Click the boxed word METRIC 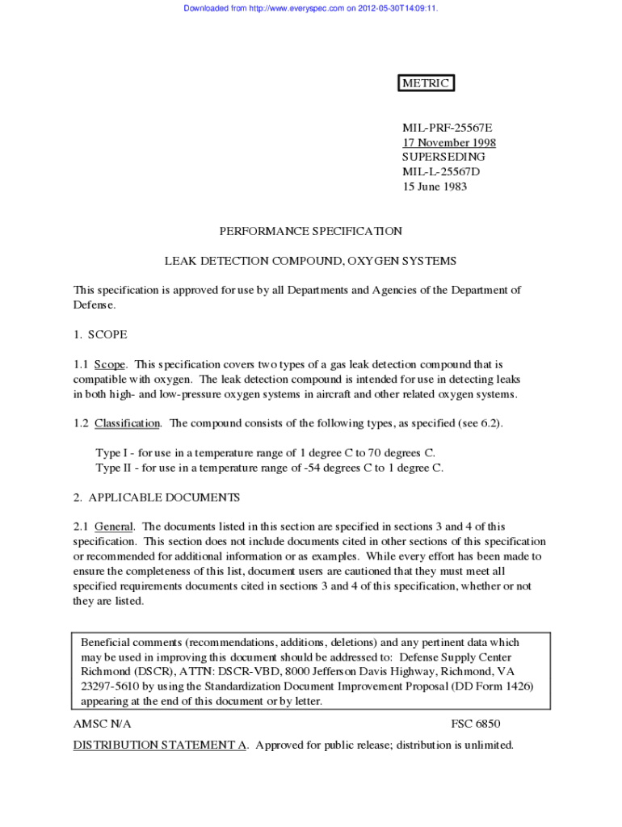(x=426, y=83)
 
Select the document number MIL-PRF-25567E (x=447, y=128)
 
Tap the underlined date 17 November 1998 (x=449, y=143)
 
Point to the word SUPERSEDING (x=443, y=157)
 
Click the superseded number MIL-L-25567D (x=442, y=172)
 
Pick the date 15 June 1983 (x=435, y=187)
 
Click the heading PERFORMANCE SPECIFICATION (x=310, y=231)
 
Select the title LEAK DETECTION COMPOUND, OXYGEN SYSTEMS (x=310, y=261)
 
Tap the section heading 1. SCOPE (x=100, y=334)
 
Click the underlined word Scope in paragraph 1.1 (x=110, y=364)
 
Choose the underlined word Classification (x=128, y=423)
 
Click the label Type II (x=114, y=468)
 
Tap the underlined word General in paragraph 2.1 (x=114, y=527)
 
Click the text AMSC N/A (x=102, y=724)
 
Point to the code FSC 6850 (x=481, y=724)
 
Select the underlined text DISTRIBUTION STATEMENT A (x=160, y=745)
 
